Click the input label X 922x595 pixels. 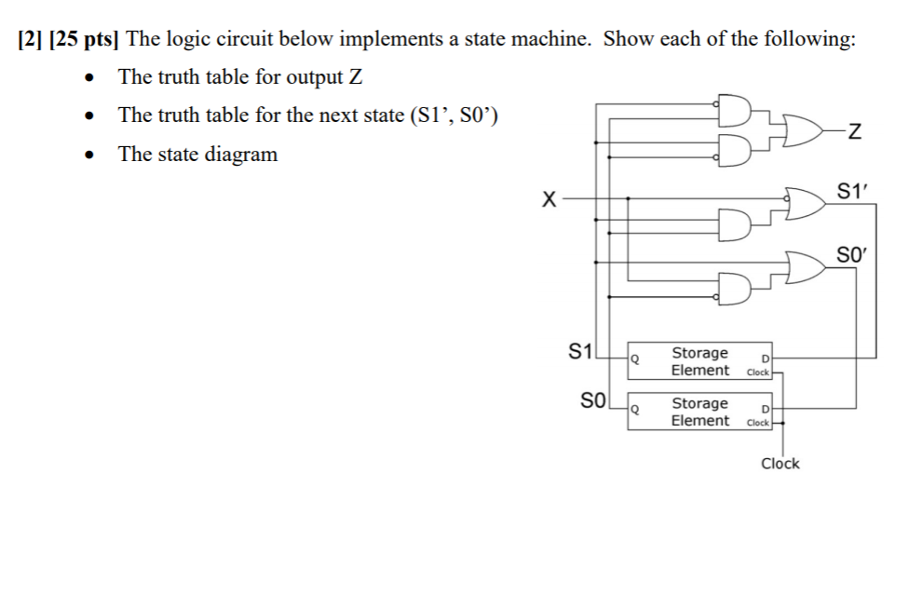tap(550, 197)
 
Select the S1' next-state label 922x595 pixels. tap(850, 193)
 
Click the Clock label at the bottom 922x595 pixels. tap(780, 463)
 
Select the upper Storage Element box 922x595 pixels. tap(698, 361)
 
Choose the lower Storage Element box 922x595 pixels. tap(698, 412)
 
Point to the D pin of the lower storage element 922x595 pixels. tap(765, 409)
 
